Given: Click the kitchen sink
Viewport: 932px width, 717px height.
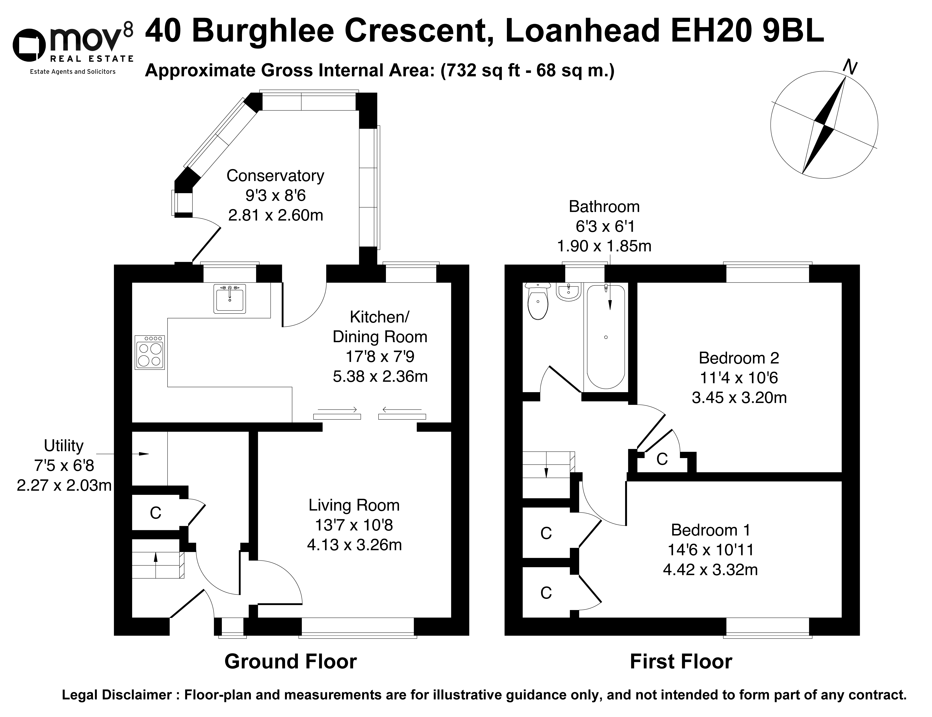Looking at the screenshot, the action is [x=230, y=299].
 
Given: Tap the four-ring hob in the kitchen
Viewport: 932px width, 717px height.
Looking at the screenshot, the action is [x=150, y=352].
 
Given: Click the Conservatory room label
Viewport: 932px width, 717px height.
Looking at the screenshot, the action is [x=275, y=176].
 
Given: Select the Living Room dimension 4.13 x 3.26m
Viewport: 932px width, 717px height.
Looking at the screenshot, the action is [x=354, y=545].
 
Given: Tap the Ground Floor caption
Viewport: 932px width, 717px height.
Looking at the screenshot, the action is [x=291, y=662].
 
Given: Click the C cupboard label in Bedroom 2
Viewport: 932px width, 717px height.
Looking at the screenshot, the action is [x=662, y=459].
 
